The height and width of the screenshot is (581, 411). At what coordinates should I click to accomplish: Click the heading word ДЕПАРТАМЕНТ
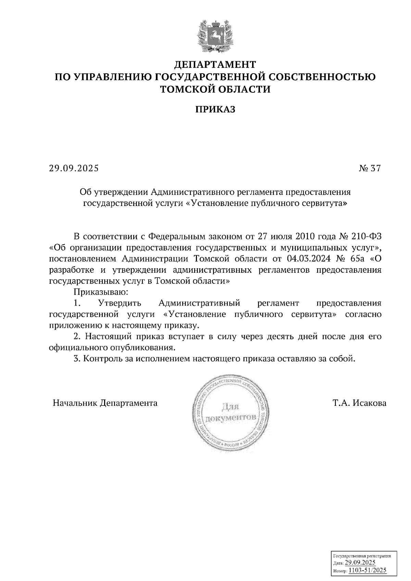(x=215, y=64)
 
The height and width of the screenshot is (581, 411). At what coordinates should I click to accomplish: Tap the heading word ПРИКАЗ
(x=215, y=109)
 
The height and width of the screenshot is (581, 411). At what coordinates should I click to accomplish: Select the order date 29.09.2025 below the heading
(x=73, y=168)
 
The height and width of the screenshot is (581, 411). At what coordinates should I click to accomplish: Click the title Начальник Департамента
(x=105, y=403)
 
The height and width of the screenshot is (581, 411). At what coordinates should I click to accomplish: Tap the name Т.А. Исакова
(x=359, y=403)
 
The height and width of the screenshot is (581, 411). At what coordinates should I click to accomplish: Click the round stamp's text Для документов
(x=231, y=412)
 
